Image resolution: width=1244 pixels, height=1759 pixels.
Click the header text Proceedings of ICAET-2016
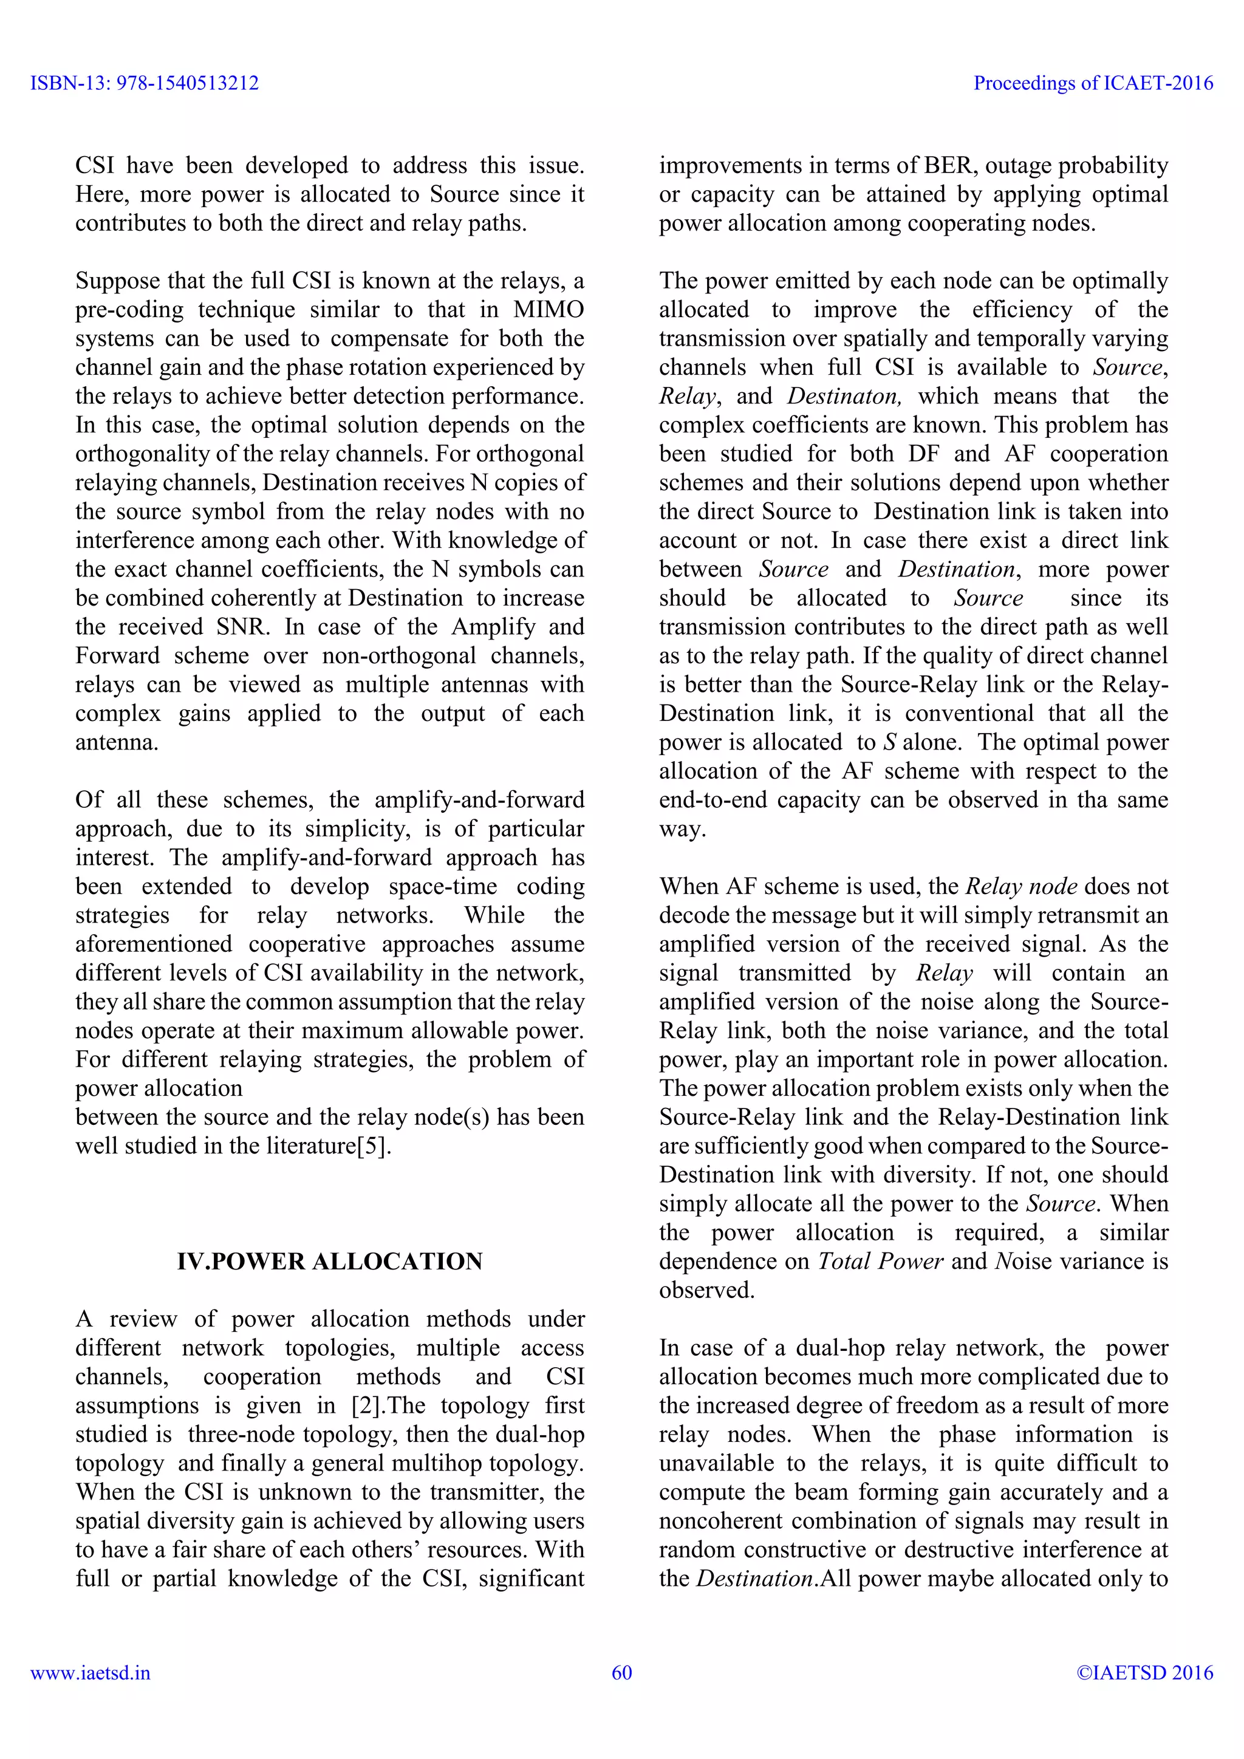pyautogui.click(x=1093, y=83)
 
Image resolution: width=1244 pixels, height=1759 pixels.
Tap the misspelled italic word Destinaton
pyautogui.click(x=843, y=396)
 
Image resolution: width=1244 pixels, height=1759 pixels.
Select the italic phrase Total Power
pyautogui.click(x=880, y=1261)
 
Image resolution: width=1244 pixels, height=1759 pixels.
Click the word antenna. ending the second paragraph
pyautogui.click(x=117, y=742)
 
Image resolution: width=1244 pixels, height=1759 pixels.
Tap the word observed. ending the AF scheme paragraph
pyautogui.click(x=706, y=1290)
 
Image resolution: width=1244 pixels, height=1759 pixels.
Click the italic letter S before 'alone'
pyautogui.click(x=889, y=742)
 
